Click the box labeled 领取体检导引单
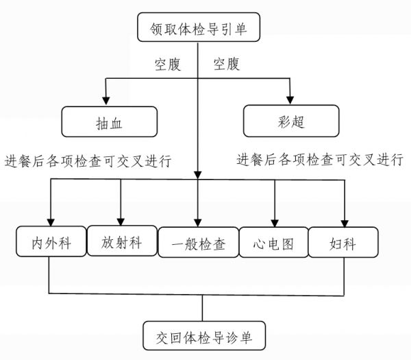[199, 27]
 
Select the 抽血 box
[110, 122]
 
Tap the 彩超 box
[291, 121]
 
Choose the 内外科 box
[51, 241]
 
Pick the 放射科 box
[122, 241]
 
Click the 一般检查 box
[199, 242]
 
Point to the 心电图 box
[273, 242]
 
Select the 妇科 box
[343, 242]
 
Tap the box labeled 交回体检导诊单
[204, 335]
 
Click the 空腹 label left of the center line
[168, 64]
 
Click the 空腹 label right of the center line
[227, 64]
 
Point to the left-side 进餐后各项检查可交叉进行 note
[88, 160]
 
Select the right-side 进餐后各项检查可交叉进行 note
[320, 159]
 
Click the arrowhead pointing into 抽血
[106, 101]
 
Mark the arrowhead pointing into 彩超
[290, 100]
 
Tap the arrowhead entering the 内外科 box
[51, 222]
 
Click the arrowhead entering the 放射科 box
[121, 221]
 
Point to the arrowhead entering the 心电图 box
[275, 223]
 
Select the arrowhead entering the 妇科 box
[345, 224]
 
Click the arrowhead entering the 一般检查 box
[198, 223]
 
